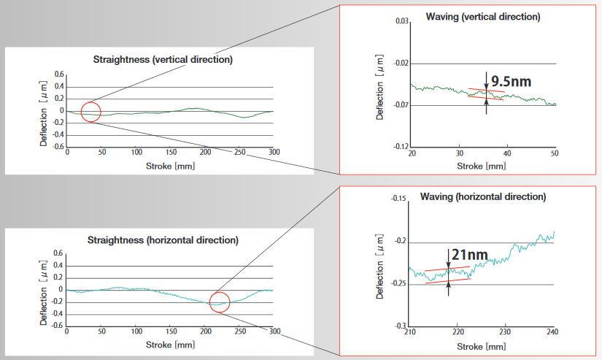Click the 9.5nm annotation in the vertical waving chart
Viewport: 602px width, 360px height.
[x=511, y=81]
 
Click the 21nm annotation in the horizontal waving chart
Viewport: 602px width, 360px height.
[x=469, y=256]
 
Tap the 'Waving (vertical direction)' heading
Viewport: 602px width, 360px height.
[x=485, y=16]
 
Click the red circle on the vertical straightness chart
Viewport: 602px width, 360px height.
[x=90, y=112]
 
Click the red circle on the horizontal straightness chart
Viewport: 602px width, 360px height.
[x=220, y=302]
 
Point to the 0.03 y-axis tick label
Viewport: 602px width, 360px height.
[x=401, y=22]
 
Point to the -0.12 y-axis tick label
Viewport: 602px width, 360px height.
[x=400, y=147]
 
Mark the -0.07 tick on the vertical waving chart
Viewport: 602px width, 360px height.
[x=400, y=105]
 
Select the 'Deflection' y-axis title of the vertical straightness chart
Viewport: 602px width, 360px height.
[x=44, y=110]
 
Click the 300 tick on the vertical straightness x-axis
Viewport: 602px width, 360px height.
[x=274, y=153]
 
